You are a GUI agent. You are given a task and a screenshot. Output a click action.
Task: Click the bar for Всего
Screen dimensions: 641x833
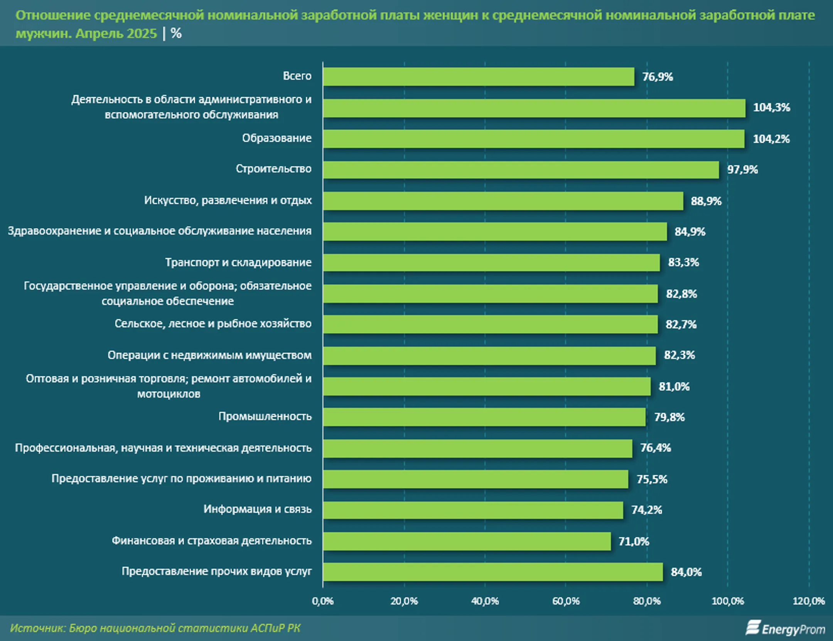478,77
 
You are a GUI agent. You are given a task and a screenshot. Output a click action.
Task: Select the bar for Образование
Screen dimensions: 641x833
534,139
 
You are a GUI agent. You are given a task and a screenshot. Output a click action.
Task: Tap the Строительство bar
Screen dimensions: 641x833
521,170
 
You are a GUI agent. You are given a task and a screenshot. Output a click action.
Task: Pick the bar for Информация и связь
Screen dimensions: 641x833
473,510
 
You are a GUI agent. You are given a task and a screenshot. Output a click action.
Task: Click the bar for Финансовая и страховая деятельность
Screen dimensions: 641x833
467,541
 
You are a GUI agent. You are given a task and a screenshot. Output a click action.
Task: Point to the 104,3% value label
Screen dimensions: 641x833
771,108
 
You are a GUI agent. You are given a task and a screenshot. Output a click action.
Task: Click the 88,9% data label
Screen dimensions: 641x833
706,201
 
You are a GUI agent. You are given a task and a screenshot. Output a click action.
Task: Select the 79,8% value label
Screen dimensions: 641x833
669,417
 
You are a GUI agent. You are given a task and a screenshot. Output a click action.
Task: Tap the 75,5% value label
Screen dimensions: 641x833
652,479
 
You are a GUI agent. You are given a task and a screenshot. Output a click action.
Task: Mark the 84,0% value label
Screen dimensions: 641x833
686,572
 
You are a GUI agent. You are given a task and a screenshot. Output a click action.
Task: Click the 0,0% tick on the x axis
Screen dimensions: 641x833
323,601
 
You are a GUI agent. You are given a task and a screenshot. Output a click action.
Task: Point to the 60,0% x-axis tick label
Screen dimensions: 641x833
566,601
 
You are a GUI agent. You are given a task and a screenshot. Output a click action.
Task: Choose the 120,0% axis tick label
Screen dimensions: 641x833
808,601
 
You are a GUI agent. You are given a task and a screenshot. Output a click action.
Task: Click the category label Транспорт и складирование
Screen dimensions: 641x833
238,262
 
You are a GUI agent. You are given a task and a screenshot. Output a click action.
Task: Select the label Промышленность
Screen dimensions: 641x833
265,417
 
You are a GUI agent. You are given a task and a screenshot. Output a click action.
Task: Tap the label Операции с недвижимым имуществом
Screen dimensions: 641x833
209,355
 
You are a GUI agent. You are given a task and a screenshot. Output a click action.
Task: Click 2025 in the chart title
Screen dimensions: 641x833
142,34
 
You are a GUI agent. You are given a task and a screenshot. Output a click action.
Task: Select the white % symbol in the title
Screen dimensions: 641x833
176,34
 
